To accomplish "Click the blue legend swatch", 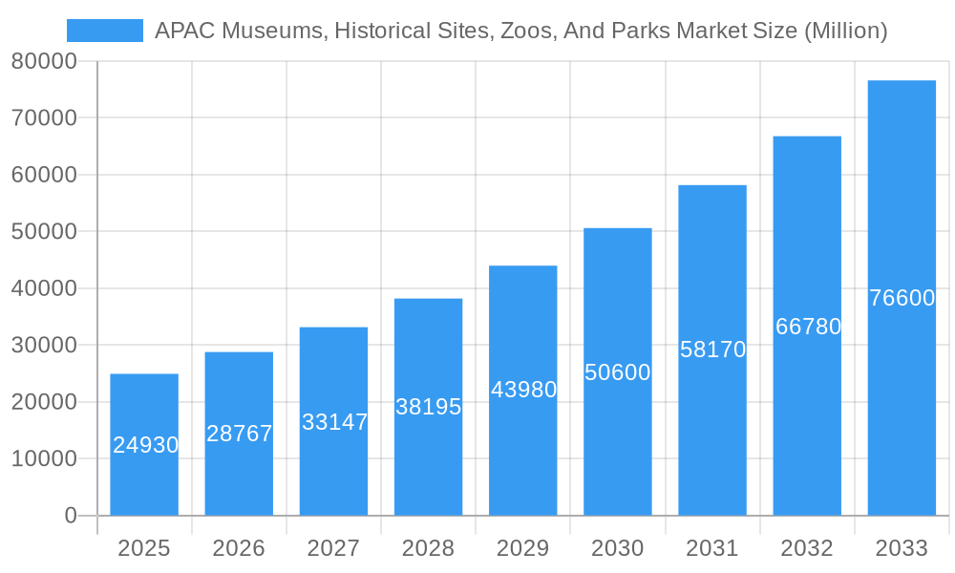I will pyautogui.click(x=104, y=31).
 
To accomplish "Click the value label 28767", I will pyautogui.click(x=239, y=434).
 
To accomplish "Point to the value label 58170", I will pyautogui.click(x=712, y=350).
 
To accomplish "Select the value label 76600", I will pyautogui.click(x=902, y=298).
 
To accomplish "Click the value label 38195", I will pyautogui.click(x=428, y=407).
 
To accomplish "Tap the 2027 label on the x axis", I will pyautogui.click(x=333, y=548).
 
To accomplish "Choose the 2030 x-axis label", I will pyautogui.click(x=617, y=548).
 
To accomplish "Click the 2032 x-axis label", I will pyautogui.click(x=807, y=548).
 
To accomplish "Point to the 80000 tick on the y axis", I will pyautogui.click(x=44, y=61).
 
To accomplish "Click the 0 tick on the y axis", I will pyautogui.click(x=70, y=516).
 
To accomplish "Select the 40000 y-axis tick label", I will pyautogui.click(x=44, y=288).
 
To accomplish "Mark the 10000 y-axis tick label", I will pyautogui.click(x=44, y=458).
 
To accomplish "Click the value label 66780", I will pyautogui.click(x=808, y=327).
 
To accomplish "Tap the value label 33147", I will pyautogui.click(x=334, y=422).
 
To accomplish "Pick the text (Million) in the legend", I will pyautogui.click(x=845, y=31).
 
